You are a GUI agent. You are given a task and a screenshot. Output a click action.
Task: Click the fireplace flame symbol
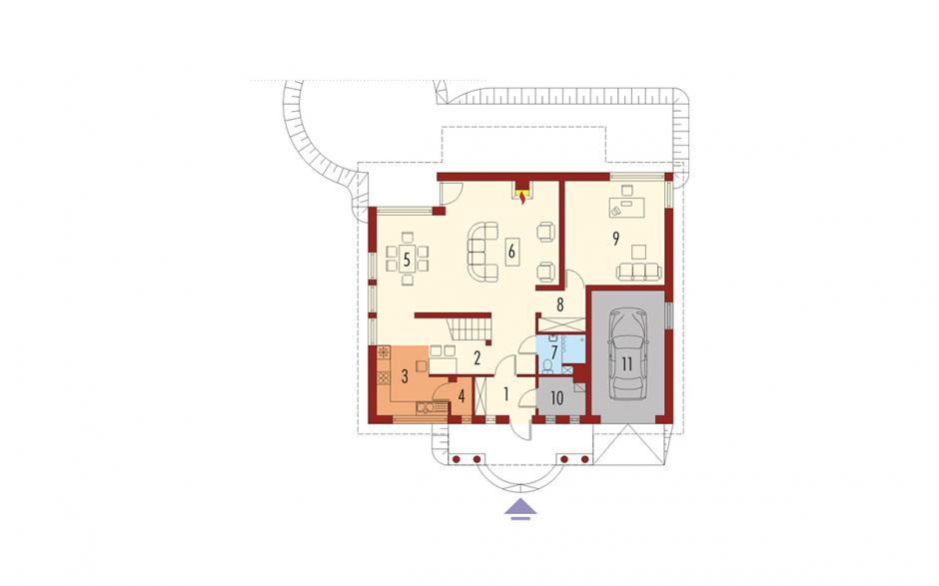pyautogui.click(x=523, y=197)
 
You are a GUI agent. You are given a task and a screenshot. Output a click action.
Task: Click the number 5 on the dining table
pyautogui.click(x=407, y=260)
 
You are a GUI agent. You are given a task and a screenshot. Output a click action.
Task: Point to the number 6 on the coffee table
pyautogui.click(x=510, y=252)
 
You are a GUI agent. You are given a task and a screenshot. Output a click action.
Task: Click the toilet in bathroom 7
pyautogui.click(x=545, y=366)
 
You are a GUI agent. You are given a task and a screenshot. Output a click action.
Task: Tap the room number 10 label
pyautogui.click(x=556, y=398)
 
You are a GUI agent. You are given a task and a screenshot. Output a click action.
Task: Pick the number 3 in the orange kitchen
pyautogui.click(x=405, y=376)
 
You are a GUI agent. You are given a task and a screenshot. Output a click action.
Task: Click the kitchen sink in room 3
pyautogui.click(x=426, y=408)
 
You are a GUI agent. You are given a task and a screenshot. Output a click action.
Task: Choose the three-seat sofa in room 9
pyautogui.click(x=640, y=271)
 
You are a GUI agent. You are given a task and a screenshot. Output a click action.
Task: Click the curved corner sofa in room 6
pyautogui.click(x=483, y=252)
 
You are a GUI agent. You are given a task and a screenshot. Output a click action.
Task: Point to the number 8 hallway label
pyautogui.click(x=560, y=304)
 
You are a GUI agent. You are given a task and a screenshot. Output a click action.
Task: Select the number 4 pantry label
pyautogui.click(x=462, y=395)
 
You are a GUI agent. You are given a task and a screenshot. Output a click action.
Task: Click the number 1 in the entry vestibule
pyautogui.click(x=506, y=394)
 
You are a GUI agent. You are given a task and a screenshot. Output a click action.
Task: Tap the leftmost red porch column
pyautogui.click(x=457, y=459)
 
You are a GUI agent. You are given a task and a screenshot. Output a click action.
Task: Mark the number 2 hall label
pyautogui.click(x=477, y=358)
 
